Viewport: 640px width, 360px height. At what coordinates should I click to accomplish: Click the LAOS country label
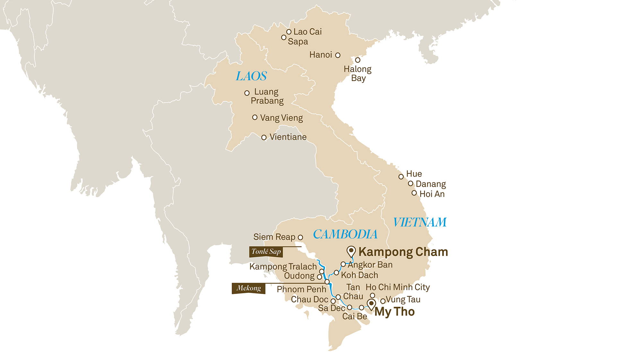(x=251, y=76)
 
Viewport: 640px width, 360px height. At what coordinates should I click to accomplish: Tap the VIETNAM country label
(x=420, y=222)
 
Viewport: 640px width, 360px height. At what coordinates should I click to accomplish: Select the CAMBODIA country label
(x=345, y=234)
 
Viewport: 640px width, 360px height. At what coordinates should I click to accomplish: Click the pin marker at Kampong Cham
(x=351, y=251)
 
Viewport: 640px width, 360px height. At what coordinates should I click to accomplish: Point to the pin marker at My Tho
(x=371, y=304)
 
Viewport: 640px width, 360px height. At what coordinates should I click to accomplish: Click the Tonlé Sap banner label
(x=266, y=252)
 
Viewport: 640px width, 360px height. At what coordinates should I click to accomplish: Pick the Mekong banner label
(x=248, y=288)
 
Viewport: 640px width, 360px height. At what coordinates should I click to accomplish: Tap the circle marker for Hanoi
(x=338, y=55)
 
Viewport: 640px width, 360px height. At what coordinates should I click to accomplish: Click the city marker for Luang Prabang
(x=247, y=93)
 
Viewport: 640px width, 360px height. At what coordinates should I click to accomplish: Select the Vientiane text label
(x=288, y=137)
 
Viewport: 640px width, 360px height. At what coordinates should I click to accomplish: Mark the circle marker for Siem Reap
(x=300, y=237)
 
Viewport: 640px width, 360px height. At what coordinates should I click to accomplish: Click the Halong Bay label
(x=358, y=73)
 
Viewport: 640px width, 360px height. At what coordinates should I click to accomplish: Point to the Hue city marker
(x=401, y=177)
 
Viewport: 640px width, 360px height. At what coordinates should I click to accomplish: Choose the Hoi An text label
(x=432, y=194)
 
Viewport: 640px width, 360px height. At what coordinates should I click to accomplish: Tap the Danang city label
(x=431, y=184)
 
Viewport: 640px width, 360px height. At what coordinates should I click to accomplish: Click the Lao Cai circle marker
(x=289, y=32)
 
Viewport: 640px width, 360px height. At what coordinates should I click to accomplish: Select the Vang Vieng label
(x=281, y=118)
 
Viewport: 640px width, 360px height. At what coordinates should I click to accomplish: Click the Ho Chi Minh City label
(x=398, y=287)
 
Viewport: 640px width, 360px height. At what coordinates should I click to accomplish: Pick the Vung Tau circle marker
(x=383, y=301)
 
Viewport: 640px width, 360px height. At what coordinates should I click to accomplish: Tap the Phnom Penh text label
(x=301, y=289)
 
